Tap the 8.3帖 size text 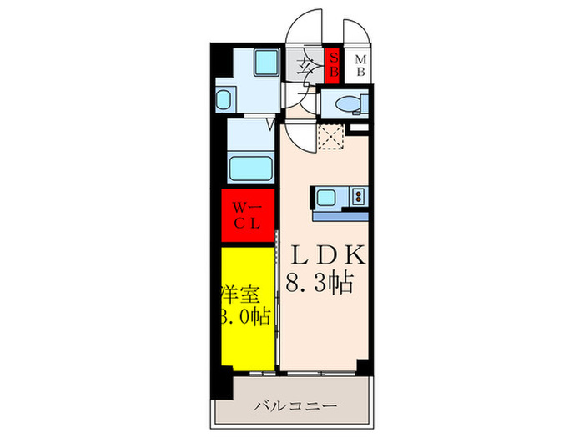coord(320,282)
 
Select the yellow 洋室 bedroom coord(248,307)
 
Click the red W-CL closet coord(248,215)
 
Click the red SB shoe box coord(332,65)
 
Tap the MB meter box coord(360,65)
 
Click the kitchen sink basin coord(326,198)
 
